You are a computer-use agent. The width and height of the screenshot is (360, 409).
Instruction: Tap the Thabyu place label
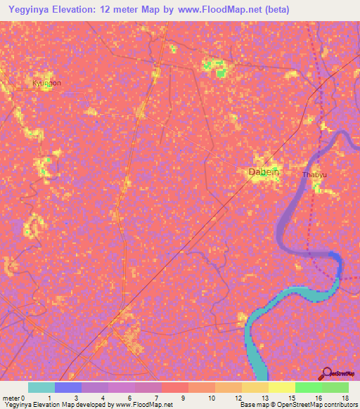pos(314,175)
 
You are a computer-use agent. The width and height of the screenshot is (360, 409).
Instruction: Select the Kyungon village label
pos(46,83)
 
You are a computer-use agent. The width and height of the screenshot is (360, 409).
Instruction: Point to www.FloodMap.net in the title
pos(218,10)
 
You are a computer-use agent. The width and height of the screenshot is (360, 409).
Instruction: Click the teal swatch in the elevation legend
pos(41,387)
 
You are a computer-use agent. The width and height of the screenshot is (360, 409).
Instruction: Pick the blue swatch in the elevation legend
pos(67,387)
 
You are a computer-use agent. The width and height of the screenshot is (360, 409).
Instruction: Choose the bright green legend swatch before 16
pos(308,387)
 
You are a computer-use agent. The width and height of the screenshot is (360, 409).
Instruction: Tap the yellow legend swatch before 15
pos(281,387)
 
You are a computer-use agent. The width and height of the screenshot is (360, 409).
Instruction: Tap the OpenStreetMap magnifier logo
pos(327,373)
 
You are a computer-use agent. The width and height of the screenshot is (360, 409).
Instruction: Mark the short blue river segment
pos(338,266)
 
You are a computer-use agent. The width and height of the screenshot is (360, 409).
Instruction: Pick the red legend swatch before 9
pos(174,387)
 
